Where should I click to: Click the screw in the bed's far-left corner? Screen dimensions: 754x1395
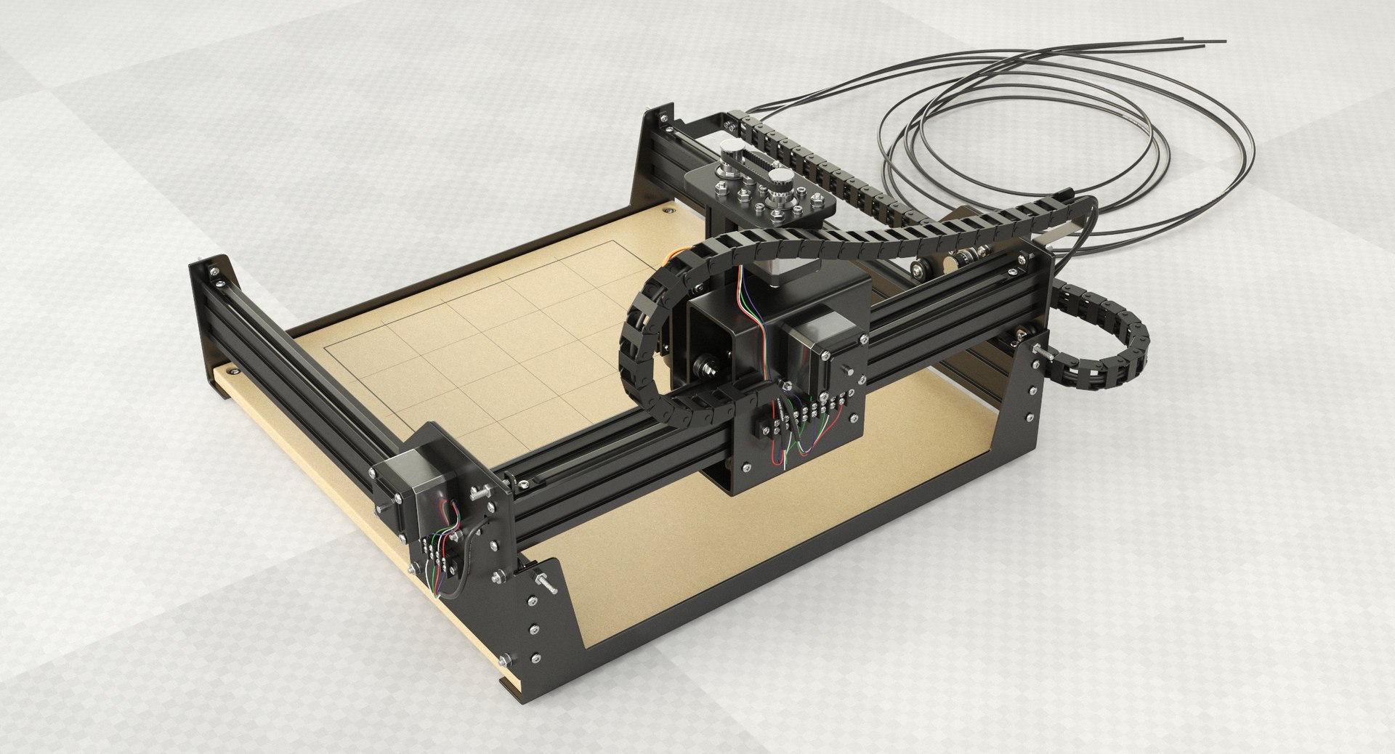(x=159, y=211)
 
